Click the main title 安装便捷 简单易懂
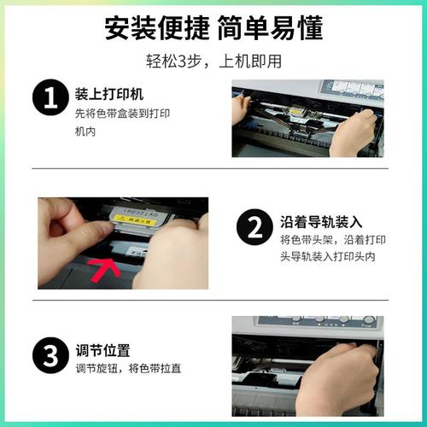point(213,28)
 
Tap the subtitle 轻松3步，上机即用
point(213,61)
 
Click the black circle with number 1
point(49,99)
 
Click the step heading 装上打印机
point(108,93)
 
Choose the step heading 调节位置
point(102,350)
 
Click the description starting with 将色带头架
point(325,248)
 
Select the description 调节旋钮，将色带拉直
point(127,369)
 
